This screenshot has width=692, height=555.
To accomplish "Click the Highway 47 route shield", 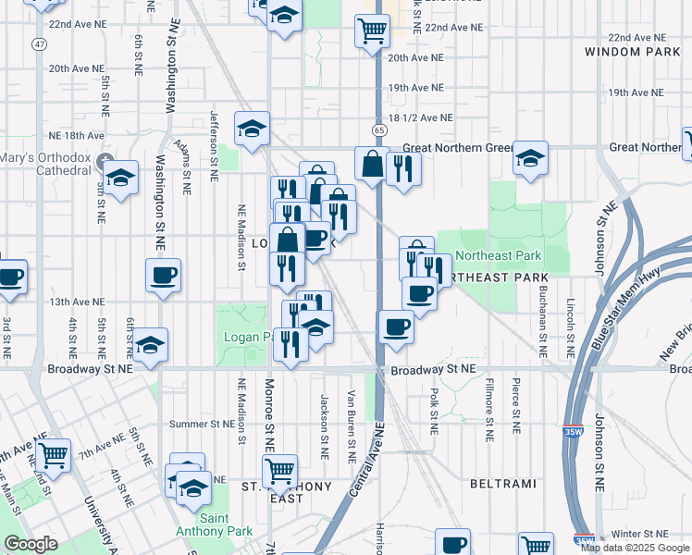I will point(38,43).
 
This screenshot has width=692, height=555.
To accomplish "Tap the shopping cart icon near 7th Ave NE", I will point(54,453).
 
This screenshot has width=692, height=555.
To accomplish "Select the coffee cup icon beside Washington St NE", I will point(163,274).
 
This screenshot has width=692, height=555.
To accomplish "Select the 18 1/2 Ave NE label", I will point(420,117).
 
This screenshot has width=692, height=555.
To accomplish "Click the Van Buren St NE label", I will point(352,426).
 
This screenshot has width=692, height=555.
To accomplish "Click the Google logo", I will point(31,544).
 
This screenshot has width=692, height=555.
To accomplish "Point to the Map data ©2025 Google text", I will point(635,548).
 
